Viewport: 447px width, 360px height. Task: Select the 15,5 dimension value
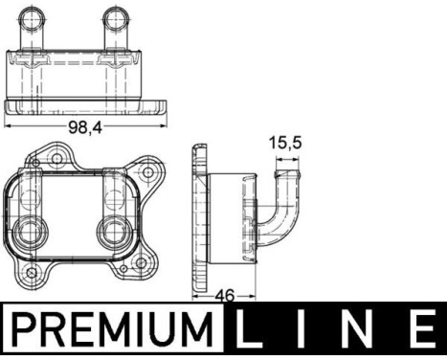pos(284,145)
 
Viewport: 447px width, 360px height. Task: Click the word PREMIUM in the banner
pos(112,330)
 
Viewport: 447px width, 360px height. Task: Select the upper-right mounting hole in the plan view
pos(146,174)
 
